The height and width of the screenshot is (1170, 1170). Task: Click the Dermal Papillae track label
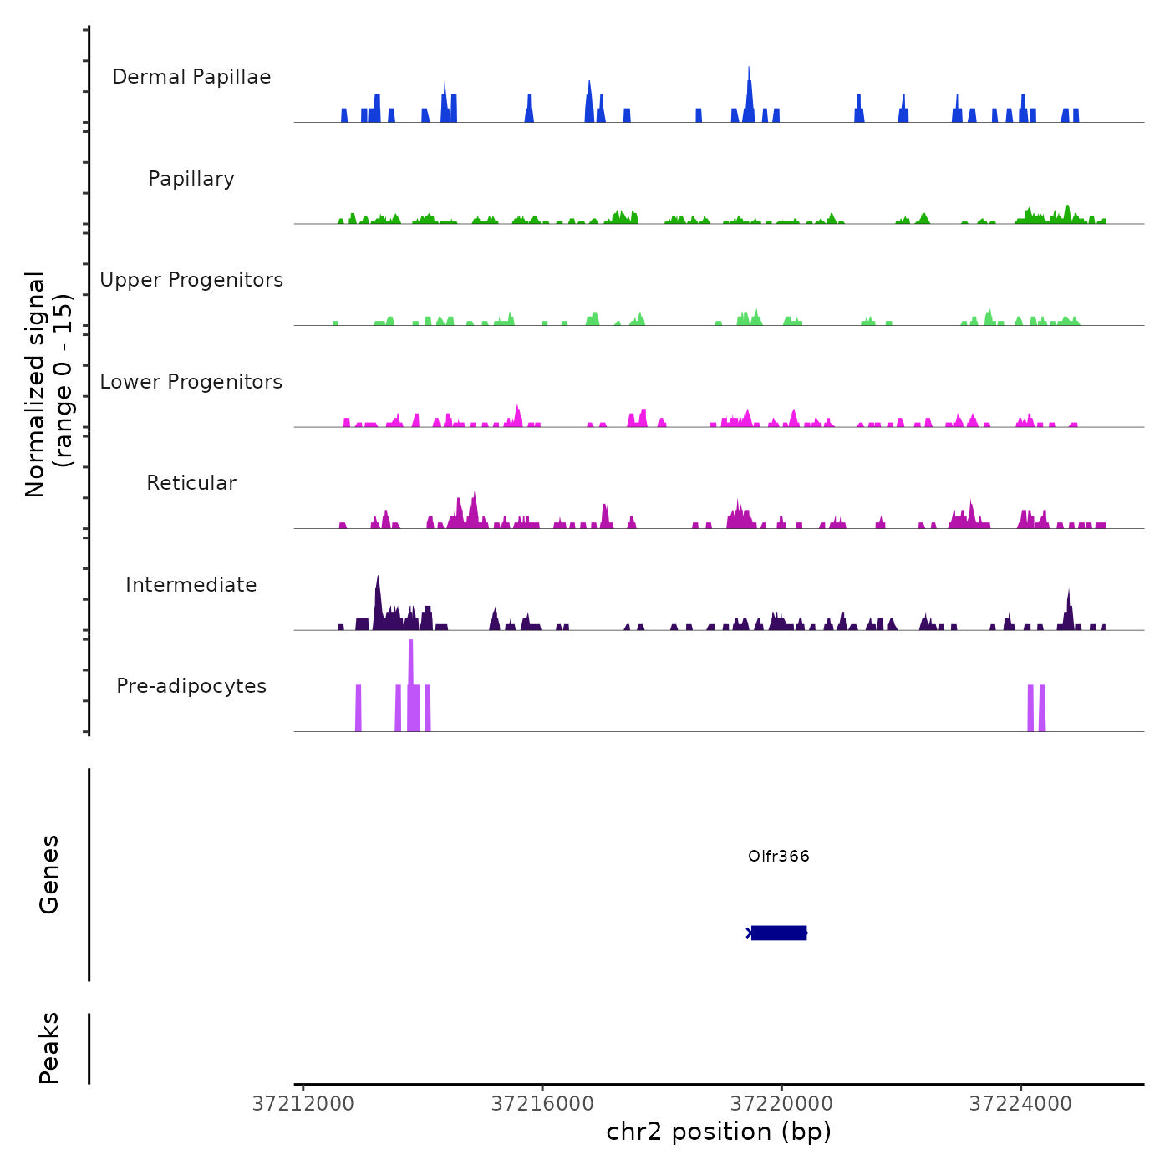pyautogui.click(x=191, y=77)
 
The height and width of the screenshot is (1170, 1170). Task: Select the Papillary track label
pyautogui.click(x=191, y=179)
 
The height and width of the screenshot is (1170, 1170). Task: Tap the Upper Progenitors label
pyautogui.click(x=191, y=280)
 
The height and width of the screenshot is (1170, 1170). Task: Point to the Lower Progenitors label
pyautogui.click(x=191, y=382)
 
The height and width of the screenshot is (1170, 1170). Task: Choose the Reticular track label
pyautogui.click(x=191, y=483)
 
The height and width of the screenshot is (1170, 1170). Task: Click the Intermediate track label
pyautogui.click(x=191, y=585)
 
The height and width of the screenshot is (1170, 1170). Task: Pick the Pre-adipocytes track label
pyautogui.click(x=191, y=686)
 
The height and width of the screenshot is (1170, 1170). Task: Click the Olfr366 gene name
pyautogui.click(x=778, y=856)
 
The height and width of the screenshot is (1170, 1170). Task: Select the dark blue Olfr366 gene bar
pyautogui.click(x=779, y=933)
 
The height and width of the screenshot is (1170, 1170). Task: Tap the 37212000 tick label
pyautogui.click(x=303, y=1104)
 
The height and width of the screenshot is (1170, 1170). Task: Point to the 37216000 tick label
pyautogui.click(x=542, y=1104)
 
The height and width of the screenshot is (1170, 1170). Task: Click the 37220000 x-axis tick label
pyautogui.click(x=781, y=1104)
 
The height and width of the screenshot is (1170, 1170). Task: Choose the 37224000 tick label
pyautogui.click(x=1020, y=1104)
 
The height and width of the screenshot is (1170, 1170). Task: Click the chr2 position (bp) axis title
pyautogui.click(x=719, y=1132)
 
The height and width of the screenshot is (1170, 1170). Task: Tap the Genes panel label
pyautogui.click(x=48, y=874)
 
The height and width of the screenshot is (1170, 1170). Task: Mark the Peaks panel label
pyautogui.click(x=48, y=1048)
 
